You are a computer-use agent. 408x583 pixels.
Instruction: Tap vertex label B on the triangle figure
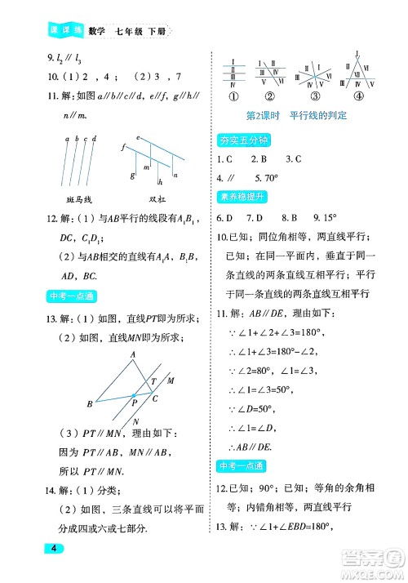(90, 403)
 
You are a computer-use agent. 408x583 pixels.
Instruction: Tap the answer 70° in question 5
(283, 177)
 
